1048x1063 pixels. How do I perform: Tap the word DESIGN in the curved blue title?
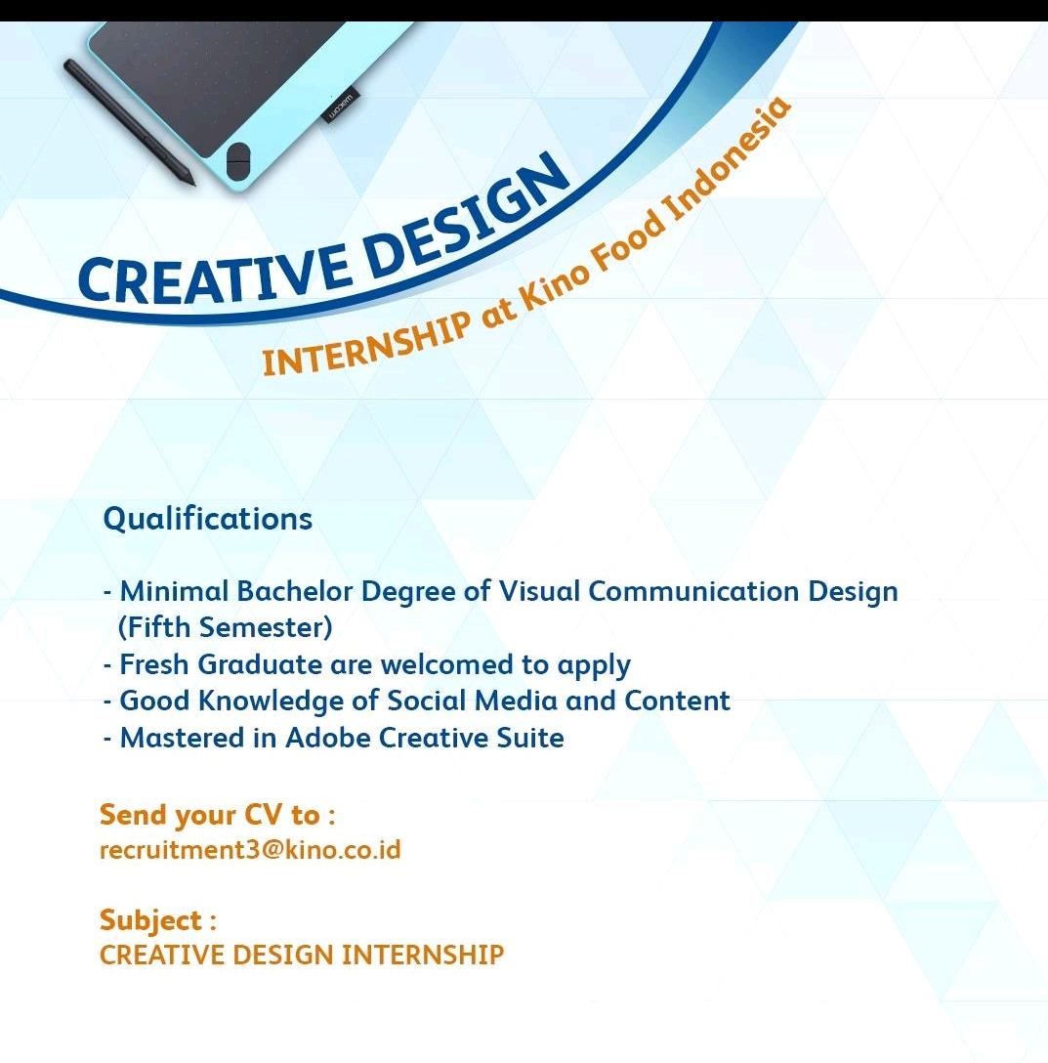pos(468,211)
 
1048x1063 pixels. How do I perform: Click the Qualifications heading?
pos(207,520)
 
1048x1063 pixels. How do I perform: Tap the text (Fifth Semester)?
pos(225,628)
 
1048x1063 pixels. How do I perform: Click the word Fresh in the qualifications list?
pos(154,664)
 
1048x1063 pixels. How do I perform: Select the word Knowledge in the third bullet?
pos(271,702)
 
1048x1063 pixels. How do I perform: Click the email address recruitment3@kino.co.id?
pos(250,849)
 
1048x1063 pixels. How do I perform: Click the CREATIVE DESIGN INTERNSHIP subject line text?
pos(302,955)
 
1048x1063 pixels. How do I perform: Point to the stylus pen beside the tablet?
pos(130,122)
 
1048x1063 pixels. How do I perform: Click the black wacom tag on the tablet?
pos(340,106)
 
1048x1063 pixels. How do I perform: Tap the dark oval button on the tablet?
pos(238,161)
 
